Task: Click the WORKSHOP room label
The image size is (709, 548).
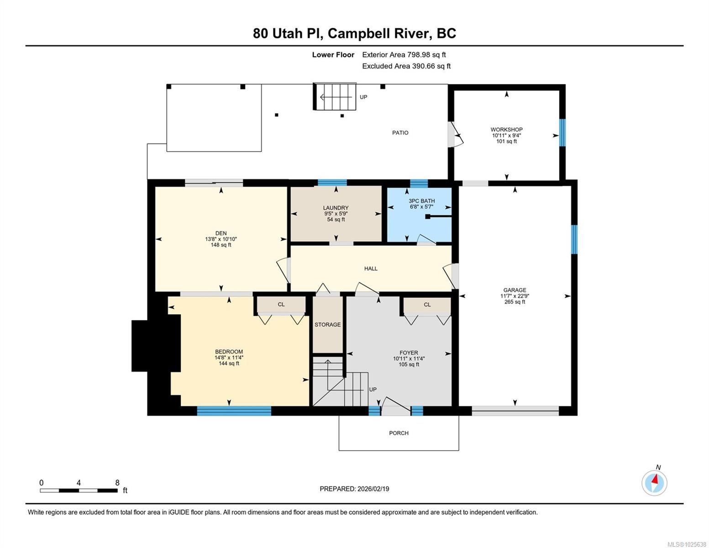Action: [506, 130]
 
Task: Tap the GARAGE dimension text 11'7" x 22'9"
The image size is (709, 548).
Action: [515, 296]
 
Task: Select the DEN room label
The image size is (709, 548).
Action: [221, 233]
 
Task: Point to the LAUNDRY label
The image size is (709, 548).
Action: [336, 208]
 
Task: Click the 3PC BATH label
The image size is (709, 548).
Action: [421, 201]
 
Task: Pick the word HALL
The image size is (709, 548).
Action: [371, 269]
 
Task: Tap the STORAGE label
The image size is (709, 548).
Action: [328, 325]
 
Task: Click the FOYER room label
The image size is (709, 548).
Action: [409, 353]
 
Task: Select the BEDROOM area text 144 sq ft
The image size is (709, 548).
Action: [229, 363]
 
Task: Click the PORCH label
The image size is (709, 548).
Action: [399, 433]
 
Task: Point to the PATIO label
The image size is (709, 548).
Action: [400, 133]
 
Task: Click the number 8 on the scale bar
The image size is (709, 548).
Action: [117, 483]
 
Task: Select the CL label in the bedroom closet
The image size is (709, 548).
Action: [281, 305]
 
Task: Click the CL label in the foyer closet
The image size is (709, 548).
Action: [427, 305]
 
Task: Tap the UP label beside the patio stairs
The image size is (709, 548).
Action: [363, 97]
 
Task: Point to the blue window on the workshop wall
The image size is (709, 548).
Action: [562, 133]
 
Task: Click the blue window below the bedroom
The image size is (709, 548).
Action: [234, 411]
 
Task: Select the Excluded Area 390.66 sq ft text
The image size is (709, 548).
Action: [406, 66]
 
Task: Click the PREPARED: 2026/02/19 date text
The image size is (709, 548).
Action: [354, 489]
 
